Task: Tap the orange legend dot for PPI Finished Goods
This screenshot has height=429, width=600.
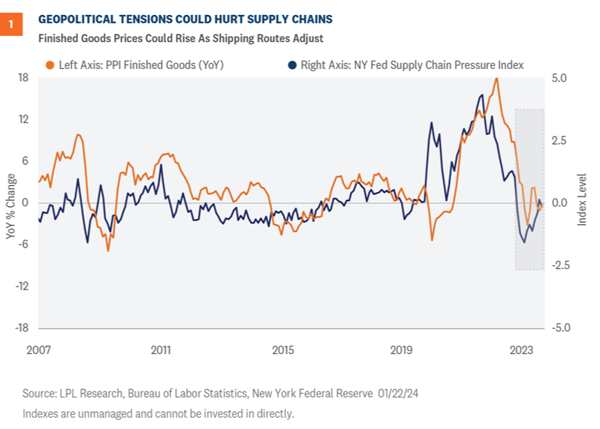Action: [49, 65]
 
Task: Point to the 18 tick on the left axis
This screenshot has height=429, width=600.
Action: [23, 78]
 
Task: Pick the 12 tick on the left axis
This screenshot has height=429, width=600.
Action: [23, 119]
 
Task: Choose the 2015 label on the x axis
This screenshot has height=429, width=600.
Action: [282, 350]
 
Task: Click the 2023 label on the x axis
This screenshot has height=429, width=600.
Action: [522, 350]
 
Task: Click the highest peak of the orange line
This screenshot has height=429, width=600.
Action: [496, 78]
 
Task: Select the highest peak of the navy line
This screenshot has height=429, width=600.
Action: [481, 95]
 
